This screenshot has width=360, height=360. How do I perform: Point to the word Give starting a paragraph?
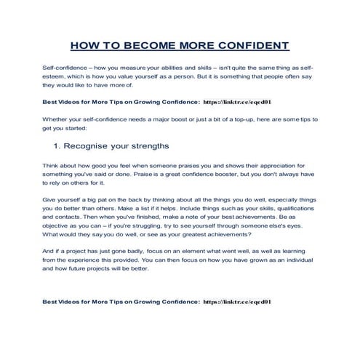click(50, 199)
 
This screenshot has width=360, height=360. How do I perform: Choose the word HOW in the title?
click(85, 45)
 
